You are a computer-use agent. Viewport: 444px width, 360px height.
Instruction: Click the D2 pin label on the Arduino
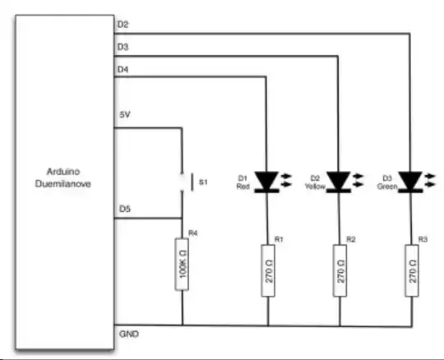point(123,24)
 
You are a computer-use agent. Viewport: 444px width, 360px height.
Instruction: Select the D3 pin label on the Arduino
point(123,47)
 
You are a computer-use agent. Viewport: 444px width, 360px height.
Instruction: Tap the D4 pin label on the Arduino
point(123,69)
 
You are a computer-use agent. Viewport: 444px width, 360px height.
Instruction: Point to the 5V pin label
point(123,113)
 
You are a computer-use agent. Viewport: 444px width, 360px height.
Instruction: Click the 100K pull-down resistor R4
point(182,264)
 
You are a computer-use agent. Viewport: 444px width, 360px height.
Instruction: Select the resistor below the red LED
point(267,270)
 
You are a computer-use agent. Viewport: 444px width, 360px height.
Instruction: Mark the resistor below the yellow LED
point(339,270)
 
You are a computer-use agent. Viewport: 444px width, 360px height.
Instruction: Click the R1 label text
point(280,238)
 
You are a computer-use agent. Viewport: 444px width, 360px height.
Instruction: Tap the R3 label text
point(423,238)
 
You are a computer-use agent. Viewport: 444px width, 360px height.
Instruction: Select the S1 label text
point(203,182)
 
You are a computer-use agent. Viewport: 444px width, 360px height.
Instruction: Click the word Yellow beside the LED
point(313,187)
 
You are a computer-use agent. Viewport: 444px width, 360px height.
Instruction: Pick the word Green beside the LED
point(386,187)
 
